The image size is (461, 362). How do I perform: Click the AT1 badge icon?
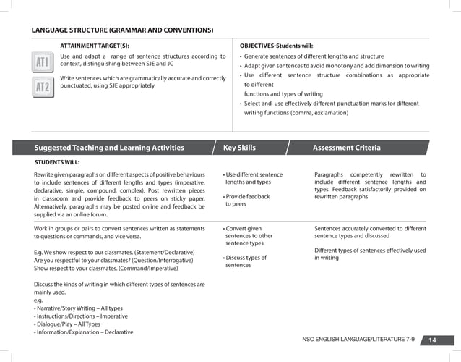point(43,63)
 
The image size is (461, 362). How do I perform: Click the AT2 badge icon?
point(43,88)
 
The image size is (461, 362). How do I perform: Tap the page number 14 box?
point(433,341)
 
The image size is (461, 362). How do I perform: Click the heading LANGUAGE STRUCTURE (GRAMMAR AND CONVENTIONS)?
point(122,30)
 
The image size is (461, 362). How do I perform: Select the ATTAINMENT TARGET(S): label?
point(99,45)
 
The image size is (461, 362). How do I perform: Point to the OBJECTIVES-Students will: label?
point(275,45)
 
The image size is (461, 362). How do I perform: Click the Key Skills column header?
point(239,148)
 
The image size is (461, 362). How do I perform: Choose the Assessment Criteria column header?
point(346,148)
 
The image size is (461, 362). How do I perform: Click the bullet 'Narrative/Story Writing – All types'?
point(79,308)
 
